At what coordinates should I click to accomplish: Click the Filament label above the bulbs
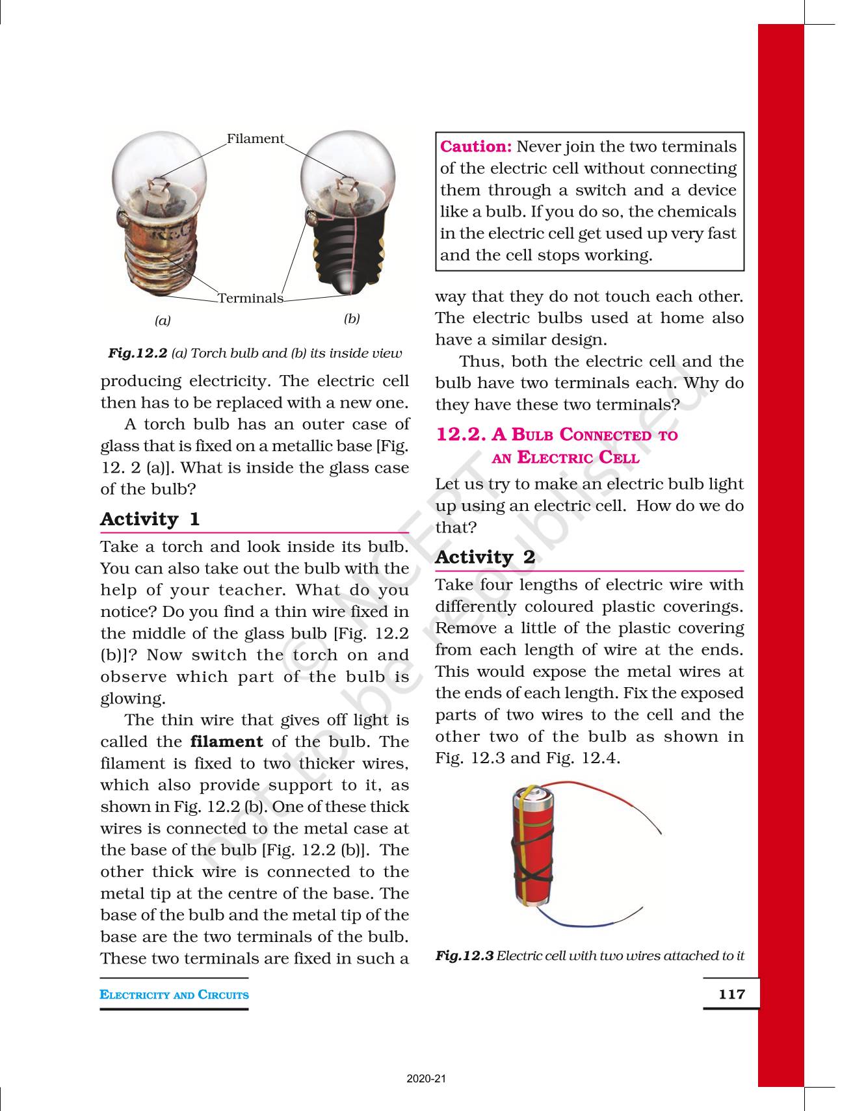(255, 138)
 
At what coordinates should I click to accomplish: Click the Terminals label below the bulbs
(250, 298)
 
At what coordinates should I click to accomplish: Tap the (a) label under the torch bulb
(163, 320)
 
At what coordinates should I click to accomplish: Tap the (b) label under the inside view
(352, 319)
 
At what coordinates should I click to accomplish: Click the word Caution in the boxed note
(476, 147)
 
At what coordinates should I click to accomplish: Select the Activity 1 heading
(150, 519)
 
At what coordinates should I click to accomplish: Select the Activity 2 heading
(485, 557)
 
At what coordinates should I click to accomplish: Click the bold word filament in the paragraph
(226, 742)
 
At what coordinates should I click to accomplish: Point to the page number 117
(731, 994)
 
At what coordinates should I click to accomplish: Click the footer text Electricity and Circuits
(174, 995)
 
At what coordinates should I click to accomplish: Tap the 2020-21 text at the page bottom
(426, 1079)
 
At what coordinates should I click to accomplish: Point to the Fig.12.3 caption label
(464, 956)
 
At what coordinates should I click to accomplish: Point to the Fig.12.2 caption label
(138, 353)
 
